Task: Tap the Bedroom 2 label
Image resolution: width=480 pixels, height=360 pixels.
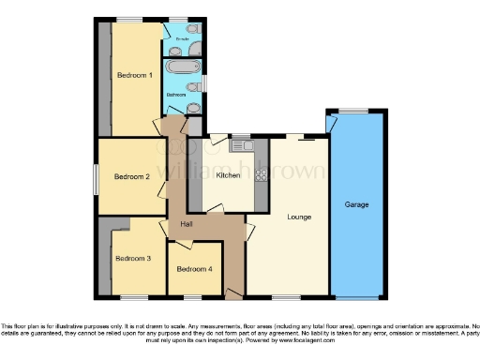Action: [x=132, y=175]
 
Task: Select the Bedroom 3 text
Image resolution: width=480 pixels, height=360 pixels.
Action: [x=132, y=258]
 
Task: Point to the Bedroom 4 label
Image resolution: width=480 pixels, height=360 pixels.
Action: [x=195, y=270]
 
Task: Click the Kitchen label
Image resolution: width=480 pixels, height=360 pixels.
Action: [x=228, y=175]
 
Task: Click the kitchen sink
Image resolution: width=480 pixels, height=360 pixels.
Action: [x=240, y=145]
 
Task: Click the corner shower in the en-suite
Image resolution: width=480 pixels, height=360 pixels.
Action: [x=172, y=31]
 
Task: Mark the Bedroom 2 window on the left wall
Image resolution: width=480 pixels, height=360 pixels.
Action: [x=96, y=177]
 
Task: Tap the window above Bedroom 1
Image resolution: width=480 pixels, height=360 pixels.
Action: [x=129, y=19]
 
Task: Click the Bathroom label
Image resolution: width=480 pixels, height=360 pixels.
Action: [x=176, y=95]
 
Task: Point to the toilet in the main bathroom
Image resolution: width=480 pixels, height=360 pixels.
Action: [x=192, y=88]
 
